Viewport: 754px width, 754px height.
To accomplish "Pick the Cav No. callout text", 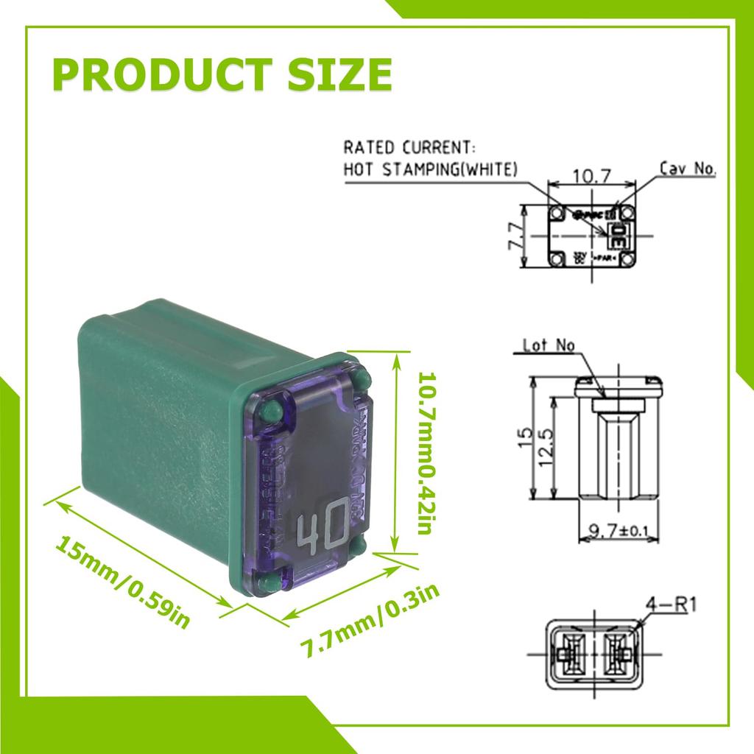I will [686, 169].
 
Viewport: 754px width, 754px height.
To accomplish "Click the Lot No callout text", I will [548, 344].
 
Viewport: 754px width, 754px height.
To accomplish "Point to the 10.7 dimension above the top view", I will [593, 176].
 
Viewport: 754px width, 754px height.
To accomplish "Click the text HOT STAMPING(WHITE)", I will [431, 169].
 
